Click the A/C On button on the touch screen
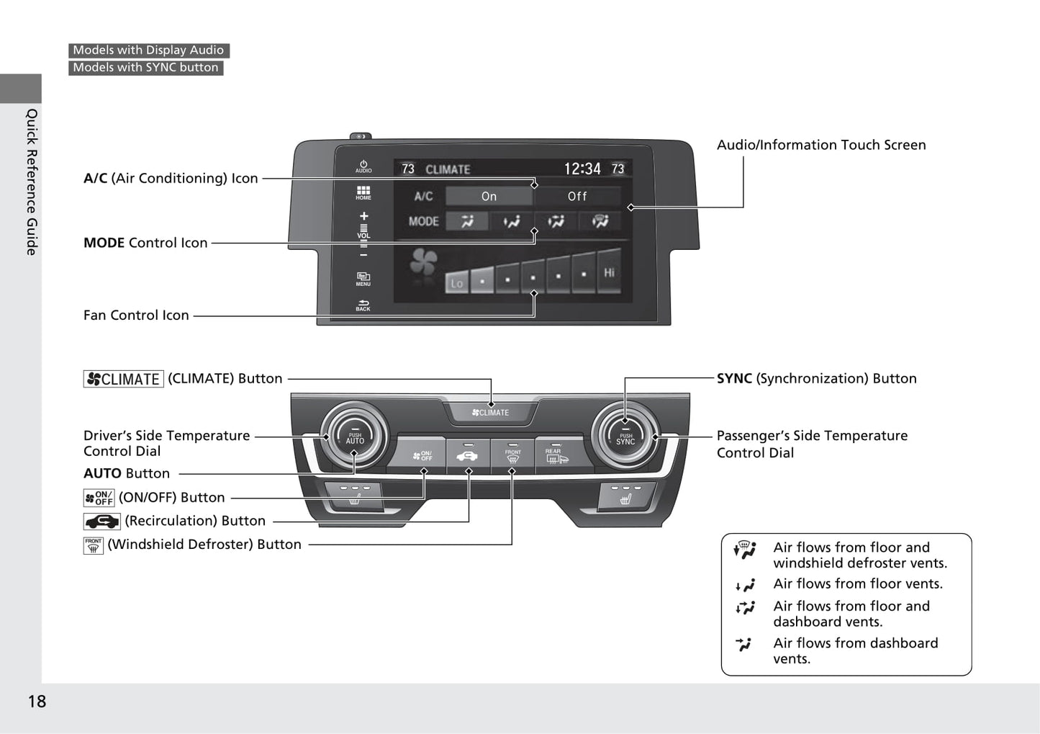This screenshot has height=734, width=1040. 489,196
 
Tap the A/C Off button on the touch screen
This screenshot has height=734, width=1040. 576,196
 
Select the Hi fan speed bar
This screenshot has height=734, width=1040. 609,272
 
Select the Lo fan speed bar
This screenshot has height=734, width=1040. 456,282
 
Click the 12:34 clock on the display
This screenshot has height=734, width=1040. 582,169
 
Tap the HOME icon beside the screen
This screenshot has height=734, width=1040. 363,192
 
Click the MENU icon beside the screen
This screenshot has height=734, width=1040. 363,278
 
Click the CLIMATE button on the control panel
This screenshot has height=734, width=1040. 491,413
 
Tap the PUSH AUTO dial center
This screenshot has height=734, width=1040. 355,437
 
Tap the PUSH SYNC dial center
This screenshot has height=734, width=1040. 625,438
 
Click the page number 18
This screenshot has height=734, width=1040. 37,701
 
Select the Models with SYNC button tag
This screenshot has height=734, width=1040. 145,68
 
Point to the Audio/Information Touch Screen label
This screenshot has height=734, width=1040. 820,145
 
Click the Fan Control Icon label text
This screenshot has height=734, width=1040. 136,315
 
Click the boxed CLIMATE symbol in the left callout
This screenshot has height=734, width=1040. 123,379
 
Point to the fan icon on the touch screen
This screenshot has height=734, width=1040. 423,263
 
